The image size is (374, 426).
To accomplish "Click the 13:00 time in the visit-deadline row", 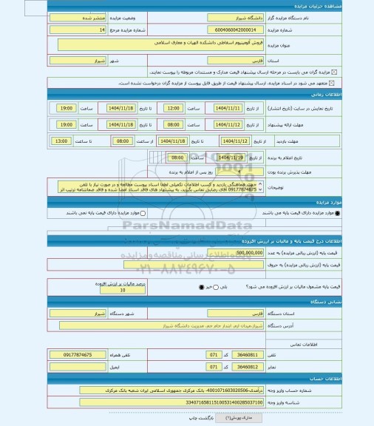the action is (x=61, y=141).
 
